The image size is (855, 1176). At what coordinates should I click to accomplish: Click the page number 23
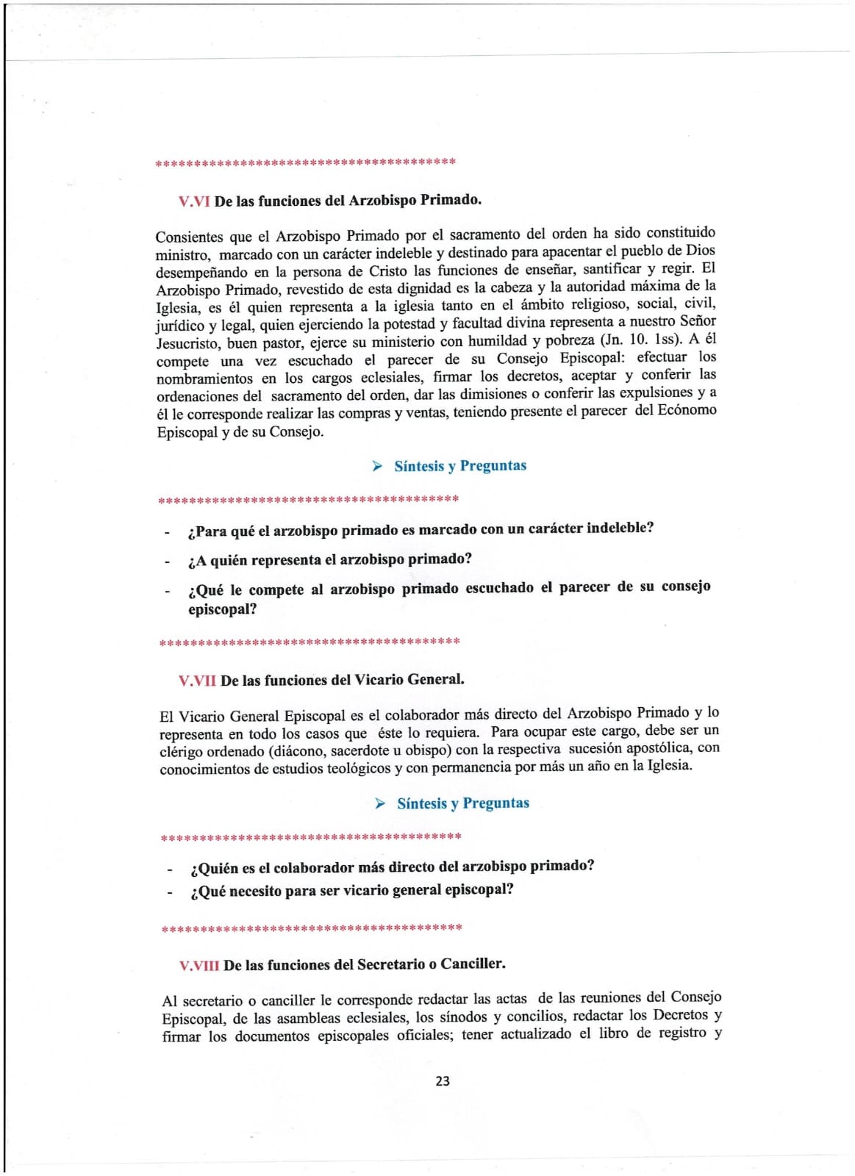point(443,1081)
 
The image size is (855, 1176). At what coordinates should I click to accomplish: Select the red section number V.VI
point(194,201)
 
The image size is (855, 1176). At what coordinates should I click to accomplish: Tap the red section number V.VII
point(197,681)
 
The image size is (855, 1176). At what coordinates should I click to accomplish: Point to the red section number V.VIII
point(199,965)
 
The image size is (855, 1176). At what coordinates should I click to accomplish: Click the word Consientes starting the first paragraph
point(189,237)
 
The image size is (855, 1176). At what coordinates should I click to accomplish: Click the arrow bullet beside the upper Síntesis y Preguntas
point(377,466)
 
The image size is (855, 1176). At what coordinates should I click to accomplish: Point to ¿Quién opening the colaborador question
point(214,868)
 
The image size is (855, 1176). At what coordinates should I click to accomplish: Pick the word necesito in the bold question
point(259,892)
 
